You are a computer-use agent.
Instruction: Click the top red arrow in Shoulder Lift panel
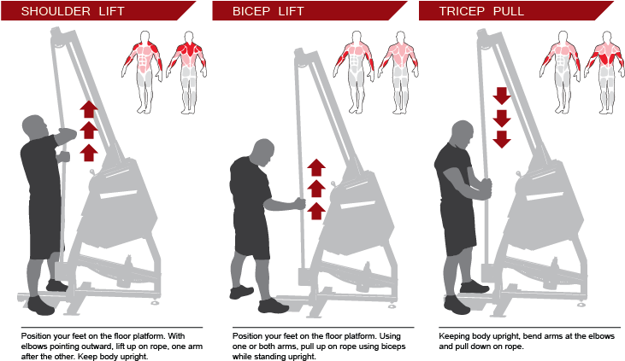[x=88, y=109]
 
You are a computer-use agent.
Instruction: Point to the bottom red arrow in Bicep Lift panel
[x=316, y=210]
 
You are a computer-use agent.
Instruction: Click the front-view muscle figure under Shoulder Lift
[x=144, y=72]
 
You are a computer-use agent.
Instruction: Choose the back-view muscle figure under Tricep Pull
[x=606, y=72]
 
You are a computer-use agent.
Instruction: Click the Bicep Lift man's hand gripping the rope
[x=298, y=203]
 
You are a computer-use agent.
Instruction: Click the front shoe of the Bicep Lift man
[x=272, y=306]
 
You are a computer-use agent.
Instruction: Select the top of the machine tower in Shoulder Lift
[x=57, y=36]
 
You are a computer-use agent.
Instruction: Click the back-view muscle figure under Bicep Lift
[x=398, y=72]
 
